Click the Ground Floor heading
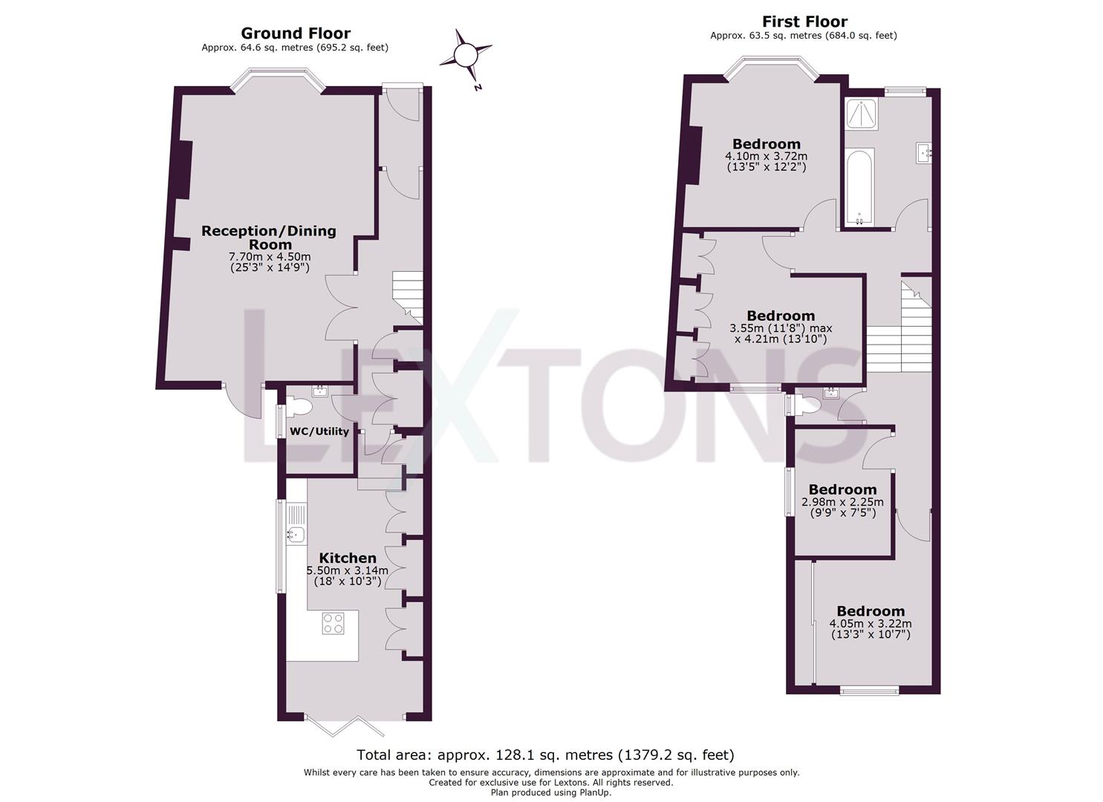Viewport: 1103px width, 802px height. click(x=296, y=33)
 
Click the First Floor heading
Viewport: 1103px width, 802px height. click(x=804, y=22)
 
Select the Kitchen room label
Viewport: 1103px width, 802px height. click(x=348, y=558)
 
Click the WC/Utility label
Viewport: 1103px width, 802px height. click(x=319, y=431)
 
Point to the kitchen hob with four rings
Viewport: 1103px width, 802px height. click(x=333, y=623)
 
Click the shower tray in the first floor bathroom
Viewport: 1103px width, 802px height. click(x=861, y=114)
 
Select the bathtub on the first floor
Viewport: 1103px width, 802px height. click(x=860, y=188)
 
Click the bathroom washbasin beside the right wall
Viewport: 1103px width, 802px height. click(x=924, y=153)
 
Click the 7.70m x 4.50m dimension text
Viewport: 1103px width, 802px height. click(x=270, y=256)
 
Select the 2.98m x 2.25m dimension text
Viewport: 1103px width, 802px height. click(x=842, y=502)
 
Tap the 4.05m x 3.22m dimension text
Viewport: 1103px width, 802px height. click(x=871, y=623)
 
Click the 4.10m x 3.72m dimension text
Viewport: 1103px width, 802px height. click(x=767, y=156)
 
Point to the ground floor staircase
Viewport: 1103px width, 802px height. click(x=408, y=297)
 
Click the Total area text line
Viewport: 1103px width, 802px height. click(x=545, y=754)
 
